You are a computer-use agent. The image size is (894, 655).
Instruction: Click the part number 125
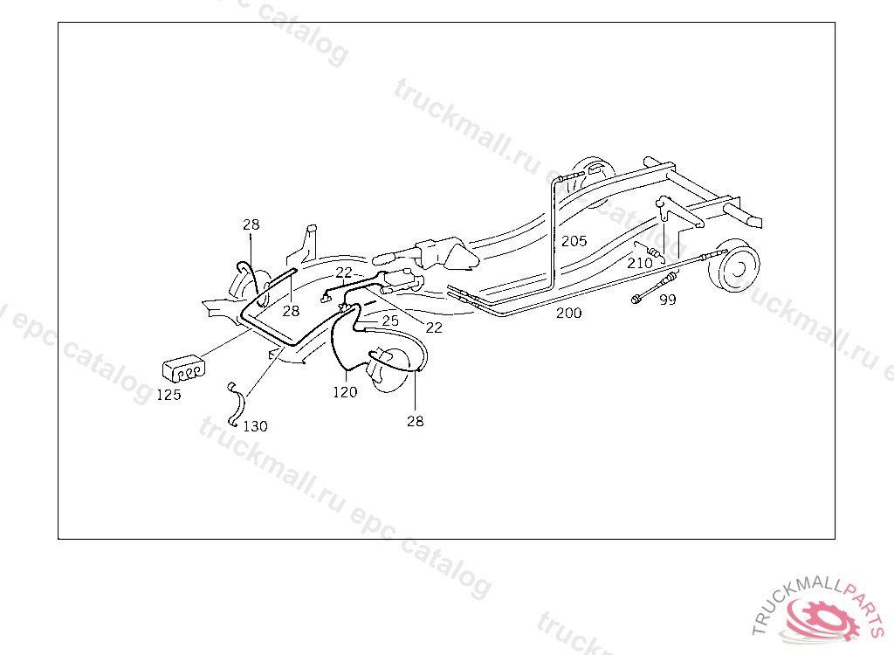pos(168,395)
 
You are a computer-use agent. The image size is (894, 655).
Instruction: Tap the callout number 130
pos(255,426)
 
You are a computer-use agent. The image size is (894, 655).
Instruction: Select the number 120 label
pos(345,392)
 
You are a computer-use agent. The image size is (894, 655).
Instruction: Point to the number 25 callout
pos(389,321)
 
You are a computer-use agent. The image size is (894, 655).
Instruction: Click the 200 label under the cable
pos(569,313)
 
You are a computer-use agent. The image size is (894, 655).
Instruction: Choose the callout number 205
pos(574,241)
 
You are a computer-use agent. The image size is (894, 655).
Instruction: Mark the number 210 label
pos(640,262)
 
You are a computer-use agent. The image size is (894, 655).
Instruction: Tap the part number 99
pos(668,300)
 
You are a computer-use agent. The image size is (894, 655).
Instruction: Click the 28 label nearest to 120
pos(415,421)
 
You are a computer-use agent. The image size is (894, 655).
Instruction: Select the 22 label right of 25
pos(434,327)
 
